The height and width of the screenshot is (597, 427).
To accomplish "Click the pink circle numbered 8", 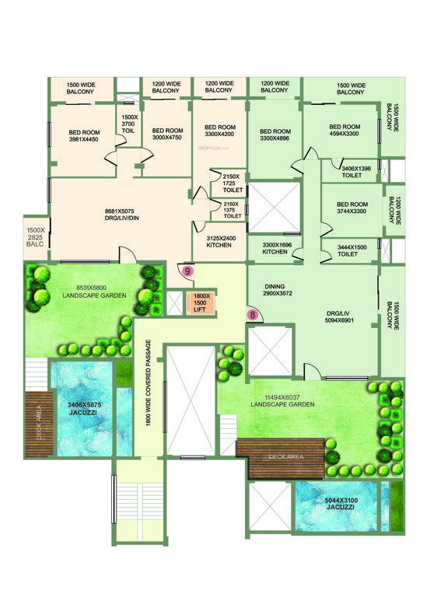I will [x=252, y=315].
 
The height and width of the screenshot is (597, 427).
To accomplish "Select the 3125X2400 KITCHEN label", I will [x=222, y=242].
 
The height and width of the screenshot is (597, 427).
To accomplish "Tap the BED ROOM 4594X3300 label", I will [x=345, y=131].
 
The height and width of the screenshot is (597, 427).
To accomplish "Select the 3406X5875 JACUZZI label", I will [x=82, y=408].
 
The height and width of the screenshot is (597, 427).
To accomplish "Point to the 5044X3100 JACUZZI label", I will [x=339, y=503].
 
